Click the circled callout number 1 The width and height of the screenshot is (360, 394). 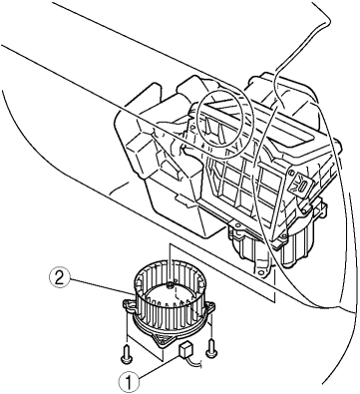129,381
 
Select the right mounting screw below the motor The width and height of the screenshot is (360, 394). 209,348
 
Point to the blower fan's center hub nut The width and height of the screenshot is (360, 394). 170,284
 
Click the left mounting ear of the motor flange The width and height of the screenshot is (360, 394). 128,305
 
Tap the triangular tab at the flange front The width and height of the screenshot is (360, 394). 164,341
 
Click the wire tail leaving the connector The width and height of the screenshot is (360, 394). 196,362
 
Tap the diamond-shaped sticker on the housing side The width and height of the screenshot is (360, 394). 301,183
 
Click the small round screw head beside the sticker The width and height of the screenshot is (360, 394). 291,173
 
